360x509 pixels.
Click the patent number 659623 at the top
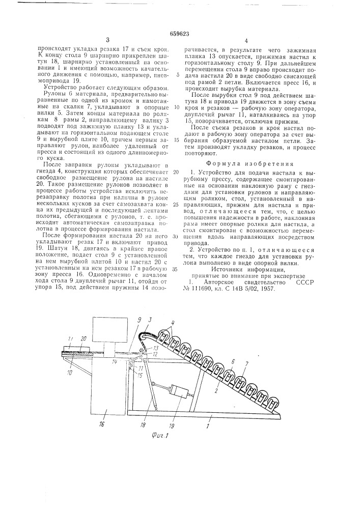click(179, 33)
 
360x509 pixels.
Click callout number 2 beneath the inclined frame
click(217, 388)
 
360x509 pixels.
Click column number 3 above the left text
click(108, 40)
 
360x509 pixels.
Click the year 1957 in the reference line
click(267, 288)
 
